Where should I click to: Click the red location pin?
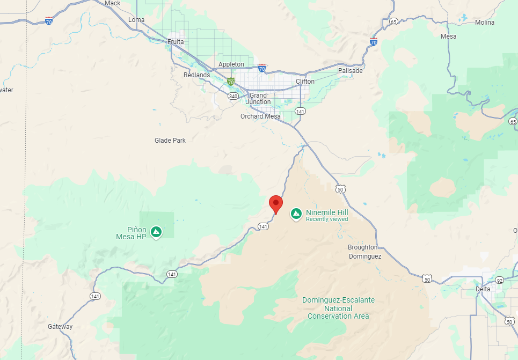coord(276,203)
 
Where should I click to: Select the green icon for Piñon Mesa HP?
coord(156,232)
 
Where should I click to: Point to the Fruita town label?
coord(176,41)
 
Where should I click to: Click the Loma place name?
coord(137,20)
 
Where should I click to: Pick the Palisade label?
coord(351,70)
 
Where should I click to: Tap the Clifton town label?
coord(305,82)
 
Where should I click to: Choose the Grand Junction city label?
coord(259,99)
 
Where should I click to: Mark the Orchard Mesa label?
coord(260,116)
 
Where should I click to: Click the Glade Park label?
coord(170,140)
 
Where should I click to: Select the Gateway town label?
coord(60,327)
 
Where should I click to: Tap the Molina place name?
coord(485,22)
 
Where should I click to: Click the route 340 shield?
coord(232,96)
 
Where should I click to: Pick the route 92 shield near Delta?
coord(499,280)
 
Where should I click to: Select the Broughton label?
coord(363,247)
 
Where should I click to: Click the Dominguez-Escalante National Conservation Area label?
coord(338,308)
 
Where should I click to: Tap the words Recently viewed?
coord(327,219)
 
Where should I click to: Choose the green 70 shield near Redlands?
coord(230,82)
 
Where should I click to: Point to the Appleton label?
coord(231,64)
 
